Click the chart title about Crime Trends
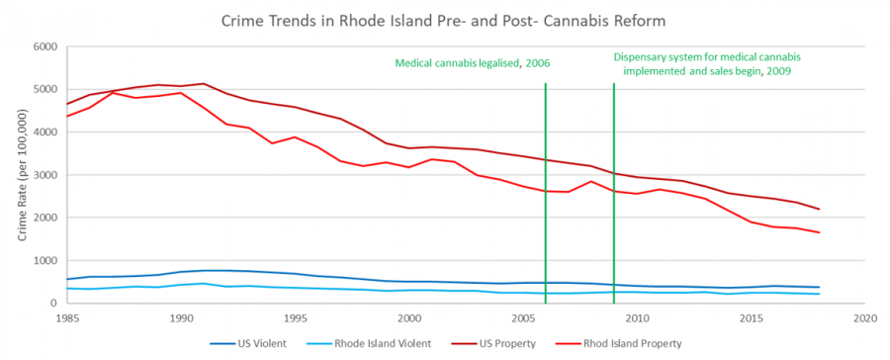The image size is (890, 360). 444,21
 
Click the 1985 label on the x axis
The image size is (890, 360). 67,318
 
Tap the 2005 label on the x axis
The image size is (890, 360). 523,318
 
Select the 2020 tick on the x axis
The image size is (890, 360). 864,318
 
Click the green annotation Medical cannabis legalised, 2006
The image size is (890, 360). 473,62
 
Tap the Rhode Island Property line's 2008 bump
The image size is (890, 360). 591,182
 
